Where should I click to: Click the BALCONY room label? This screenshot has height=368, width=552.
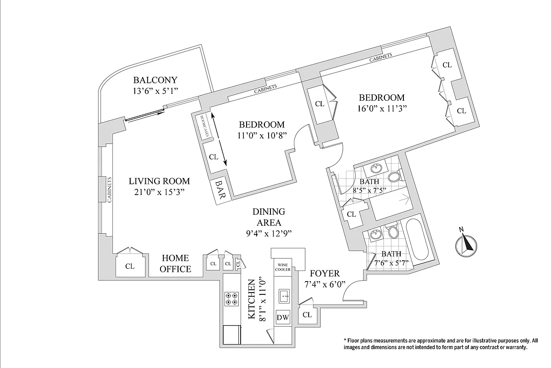point(155,80)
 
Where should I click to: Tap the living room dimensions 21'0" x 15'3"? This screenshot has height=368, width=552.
point(159,192)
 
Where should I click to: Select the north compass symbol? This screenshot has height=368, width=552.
point(466,244)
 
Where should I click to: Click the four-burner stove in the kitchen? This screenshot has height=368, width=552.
point(231,299)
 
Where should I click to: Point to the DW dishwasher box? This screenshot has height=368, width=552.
point(282,317)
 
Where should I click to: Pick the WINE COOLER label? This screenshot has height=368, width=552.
point(282,267)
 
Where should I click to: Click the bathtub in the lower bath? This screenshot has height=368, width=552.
point(417,239)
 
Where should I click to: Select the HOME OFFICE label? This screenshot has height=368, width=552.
point(175,264)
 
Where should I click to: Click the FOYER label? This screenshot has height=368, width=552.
point(325,273)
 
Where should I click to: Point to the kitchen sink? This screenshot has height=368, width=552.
point(284,296)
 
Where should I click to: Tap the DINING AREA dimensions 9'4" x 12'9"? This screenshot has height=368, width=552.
point(269,233)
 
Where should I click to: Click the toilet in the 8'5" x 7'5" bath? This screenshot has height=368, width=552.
point(395,176)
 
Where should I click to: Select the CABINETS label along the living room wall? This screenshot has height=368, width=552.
point(109,190)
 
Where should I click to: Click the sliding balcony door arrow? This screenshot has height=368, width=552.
point(145,116)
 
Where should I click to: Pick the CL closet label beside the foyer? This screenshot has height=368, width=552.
point(307,315)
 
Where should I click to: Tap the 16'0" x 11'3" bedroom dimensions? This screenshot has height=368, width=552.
point(382,109)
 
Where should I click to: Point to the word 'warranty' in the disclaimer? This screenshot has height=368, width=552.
point(516,348)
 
